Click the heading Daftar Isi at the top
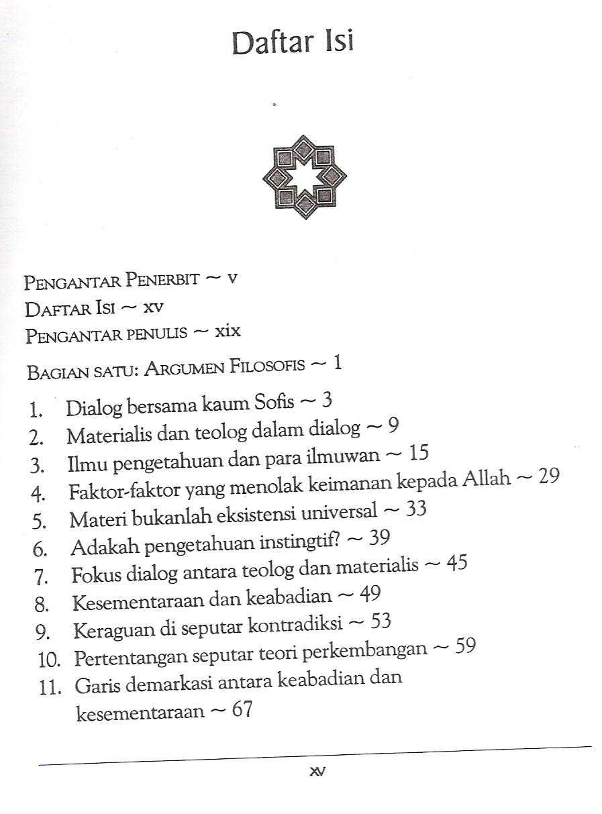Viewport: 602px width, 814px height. [293, 42]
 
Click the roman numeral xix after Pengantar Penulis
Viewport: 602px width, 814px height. [228, 331]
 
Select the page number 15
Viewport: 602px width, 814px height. [417, 454]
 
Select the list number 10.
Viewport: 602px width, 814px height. [50, 659]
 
